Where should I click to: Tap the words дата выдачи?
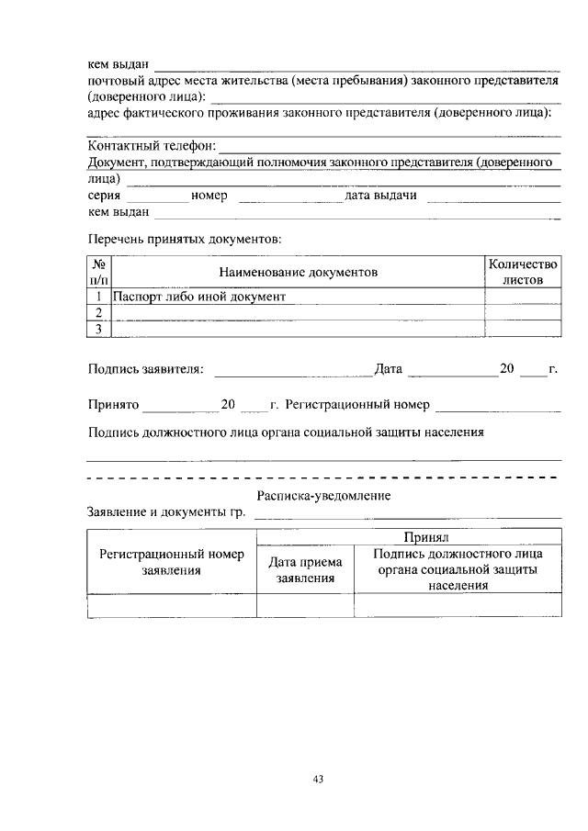381,196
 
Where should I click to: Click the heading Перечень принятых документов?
184,239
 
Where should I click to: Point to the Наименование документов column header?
298,273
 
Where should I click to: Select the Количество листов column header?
523,272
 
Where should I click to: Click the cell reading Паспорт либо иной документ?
199,297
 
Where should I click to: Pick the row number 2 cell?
98,312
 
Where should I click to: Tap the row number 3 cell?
98,329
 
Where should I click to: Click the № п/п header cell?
98,272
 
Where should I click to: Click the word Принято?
113,403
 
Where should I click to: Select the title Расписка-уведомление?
323,496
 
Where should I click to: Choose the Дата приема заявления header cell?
305,570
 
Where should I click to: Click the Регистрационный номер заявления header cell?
172,562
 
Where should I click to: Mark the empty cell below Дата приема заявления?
305,605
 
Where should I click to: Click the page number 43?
318,780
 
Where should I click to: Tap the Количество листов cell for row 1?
523,297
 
